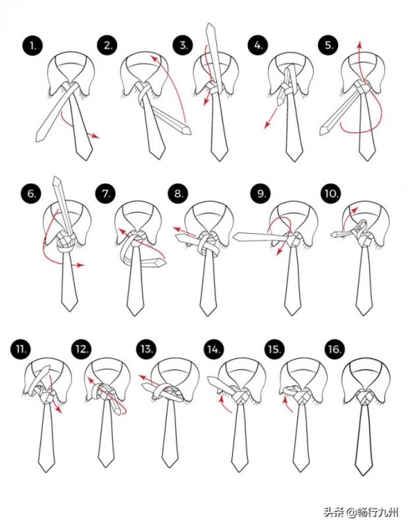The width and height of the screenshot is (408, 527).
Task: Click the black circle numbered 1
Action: coord(33,45)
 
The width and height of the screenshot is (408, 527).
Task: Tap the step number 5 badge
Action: coord(329,45)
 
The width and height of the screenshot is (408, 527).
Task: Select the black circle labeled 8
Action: coord(178,194)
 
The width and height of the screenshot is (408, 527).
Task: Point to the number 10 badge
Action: coord(330,194)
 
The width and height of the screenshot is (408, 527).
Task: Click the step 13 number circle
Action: coord(146,349)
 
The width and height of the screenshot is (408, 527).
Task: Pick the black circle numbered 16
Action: coord(335,349)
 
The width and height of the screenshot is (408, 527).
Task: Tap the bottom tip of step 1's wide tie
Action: coord(85,159)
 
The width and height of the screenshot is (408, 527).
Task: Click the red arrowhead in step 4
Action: coord(267,125)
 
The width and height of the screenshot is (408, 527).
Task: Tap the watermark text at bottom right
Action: coord(361,512)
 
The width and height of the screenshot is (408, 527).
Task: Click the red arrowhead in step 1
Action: coord(96,136)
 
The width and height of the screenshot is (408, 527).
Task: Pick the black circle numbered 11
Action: coord(20,349)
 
